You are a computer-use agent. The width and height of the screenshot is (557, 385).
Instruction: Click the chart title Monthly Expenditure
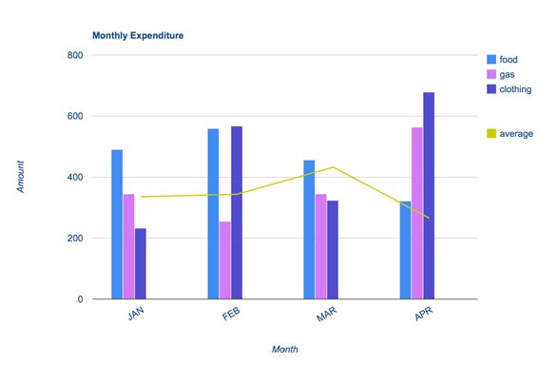point(138,35)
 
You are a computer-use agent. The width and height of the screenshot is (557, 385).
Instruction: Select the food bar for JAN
point(117,224)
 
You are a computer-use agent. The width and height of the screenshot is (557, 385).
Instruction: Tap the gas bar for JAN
point(129,246)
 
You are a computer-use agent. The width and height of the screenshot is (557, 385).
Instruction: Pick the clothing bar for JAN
point(141,263)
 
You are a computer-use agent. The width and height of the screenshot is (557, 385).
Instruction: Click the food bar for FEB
point(213,214)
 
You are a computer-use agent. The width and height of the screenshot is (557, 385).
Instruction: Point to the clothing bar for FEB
point(236,213)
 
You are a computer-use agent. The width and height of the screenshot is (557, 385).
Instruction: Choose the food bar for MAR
point(309,229)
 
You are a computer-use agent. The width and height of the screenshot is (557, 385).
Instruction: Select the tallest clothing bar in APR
point(429,196)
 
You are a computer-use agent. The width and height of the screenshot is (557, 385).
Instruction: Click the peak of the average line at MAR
point(333,167)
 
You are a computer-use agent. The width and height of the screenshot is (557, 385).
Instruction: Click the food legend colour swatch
point(491,57)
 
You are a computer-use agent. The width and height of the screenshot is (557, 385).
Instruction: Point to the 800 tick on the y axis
point(75,55)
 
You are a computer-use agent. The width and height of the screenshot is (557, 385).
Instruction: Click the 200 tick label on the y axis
point(75,239)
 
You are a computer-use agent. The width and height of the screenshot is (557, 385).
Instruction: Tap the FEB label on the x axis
point(229,315)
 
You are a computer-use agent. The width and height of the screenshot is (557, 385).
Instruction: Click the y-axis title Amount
point(21,177)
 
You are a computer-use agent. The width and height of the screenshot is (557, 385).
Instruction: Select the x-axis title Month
point(284,350)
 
